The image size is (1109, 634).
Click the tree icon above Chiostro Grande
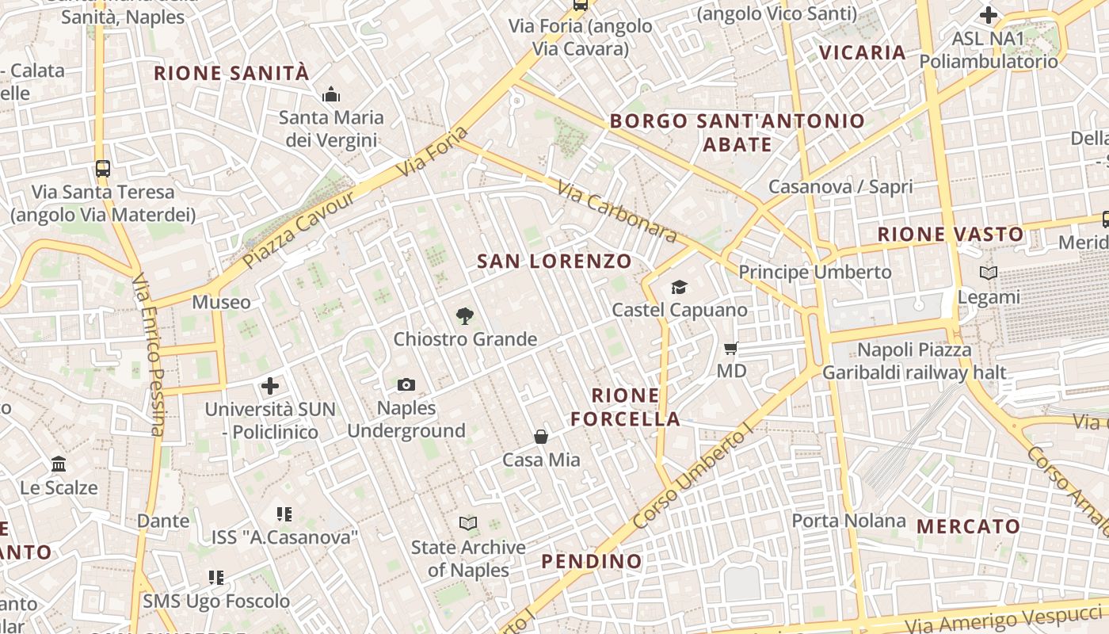465,316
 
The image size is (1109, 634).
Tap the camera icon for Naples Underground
406,385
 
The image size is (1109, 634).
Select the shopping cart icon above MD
731,348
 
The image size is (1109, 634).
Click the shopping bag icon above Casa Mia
541,437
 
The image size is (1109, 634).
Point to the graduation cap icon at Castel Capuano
679,287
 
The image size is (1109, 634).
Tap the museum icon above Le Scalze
59,464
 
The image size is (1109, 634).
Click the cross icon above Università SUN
270,387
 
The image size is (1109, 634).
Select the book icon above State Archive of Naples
468,524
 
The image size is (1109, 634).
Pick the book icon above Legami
989,273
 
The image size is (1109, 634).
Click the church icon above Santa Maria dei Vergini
331,95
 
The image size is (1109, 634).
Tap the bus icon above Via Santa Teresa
103,168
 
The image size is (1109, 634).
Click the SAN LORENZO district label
554,261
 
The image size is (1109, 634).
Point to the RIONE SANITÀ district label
231,73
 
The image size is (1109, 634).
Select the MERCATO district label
968,526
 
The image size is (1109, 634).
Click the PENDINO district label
592,561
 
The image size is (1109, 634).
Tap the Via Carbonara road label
617,211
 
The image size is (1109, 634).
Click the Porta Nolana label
848,521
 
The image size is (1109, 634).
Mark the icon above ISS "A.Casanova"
284,514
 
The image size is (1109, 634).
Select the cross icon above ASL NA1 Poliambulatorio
988,15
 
